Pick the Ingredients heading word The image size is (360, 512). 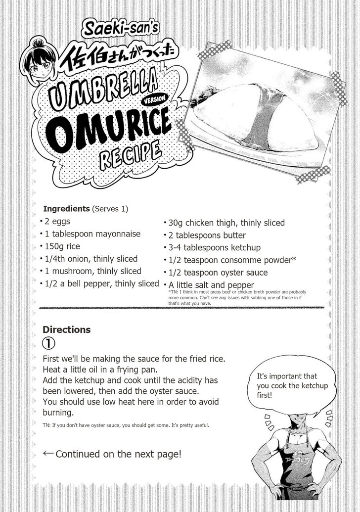(x=66, y=209)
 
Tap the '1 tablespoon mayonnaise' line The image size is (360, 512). (x=92, y=233)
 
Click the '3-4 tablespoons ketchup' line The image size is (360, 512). (x=214, y=247)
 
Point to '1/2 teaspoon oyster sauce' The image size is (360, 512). (x=218, y=272)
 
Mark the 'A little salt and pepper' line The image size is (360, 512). (x=211, y=285)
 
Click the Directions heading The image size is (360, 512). (x=66, y=329)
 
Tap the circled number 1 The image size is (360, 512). (x=49, y=343)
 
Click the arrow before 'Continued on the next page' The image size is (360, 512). (x=48, y=453)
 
